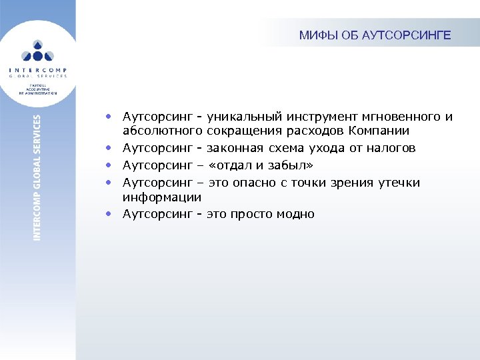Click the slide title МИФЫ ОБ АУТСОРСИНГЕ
click(375, 35)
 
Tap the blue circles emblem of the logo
click(38, 51)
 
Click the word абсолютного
click(162, 131)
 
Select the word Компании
click(374, 131)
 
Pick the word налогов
click(390, 148)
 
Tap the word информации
click(161, 197)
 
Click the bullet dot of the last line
click(107, 215)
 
